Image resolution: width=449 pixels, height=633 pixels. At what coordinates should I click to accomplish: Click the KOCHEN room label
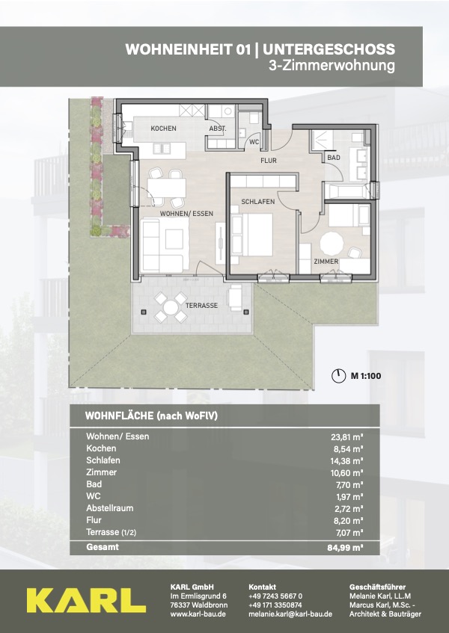[x=163, y=129]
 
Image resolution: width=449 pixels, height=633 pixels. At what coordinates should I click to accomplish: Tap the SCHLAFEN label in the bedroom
[x=258, y=202]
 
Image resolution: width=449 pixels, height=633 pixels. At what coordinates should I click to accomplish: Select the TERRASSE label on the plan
[x=201, y=306]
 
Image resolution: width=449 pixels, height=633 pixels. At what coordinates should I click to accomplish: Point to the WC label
[x=254, y=142]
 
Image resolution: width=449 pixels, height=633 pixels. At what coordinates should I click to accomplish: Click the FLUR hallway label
[x=269, y=161]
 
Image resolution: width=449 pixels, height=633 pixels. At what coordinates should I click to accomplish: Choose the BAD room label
[x=334, y=158]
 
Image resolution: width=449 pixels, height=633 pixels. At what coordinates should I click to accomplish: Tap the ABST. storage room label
[x=218, y=129]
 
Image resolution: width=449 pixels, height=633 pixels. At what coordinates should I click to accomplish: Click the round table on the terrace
[x=170, y=308]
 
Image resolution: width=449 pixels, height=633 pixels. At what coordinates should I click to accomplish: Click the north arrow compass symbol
[x=338, y=376]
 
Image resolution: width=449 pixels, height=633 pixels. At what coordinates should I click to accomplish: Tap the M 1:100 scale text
[x=366, y=376]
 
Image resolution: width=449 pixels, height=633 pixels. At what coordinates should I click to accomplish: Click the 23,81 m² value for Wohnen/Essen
[x=346, y=436]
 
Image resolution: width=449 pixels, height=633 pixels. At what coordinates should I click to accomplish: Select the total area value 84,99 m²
[x=345, y=548]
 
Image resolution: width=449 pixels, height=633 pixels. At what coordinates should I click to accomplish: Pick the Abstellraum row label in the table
[x=109, y=508]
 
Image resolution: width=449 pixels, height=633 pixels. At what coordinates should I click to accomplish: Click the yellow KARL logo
[x=86, y=600]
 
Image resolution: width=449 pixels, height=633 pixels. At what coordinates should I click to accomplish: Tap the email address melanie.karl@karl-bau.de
[x=290, y=614]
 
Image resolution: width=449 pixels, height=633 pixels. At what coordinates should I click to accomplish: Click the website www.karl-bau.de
[x=198, y=614]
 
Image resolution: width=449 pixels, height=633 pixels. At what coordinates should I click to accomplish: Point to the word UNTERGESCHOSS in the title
[x=329, y=49]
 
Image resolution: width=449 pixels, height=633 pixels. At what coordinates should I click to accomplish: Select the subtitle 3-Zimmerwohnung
[x=332, y=65]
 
